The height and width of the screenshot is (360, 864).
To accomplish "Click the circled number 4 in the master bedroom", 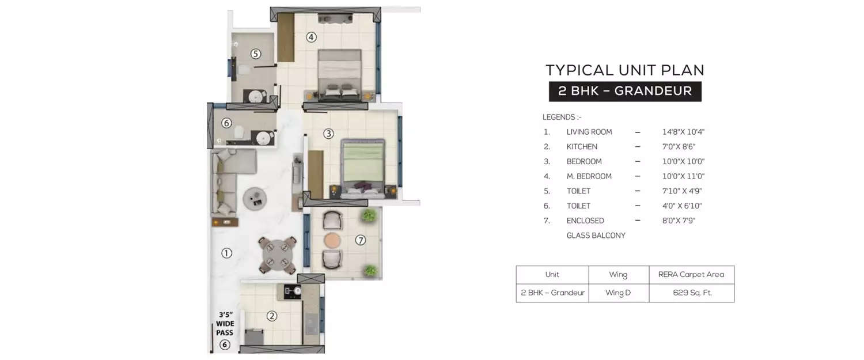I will tap(311, 37).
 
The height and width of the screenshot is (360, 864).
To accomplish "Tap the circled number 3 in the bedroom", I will tap(328, 134).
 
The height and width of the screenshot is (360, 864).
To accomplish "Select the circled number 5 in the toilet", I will tap(256, 54).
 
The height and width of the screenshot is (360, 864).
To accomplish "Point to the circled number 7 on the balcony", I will tap(361, 240).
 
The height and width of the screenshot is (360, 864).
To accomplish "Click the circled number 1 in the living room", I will tap(226, 253).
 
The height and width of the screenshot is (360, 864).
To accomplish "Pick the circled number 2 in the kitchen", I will tap(272, 316).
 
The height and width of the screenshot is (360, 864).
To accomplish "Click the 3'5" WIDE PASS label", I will tap(225, 324).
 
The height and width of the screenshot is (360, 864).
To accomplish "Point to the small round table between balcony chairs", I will tap(332, 240).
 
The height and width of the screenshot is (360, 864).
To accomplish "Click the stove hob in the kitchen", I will tap(289, 291).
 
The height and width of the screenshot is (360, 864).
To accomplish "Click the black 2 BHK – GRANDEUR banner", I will tap(625, 91).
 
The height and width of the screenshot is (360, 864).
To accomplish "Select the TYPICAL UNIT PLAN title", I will tap(625, 70).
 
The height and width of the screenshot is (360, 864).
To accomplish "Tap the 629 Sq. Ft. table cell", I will tap(692, 293).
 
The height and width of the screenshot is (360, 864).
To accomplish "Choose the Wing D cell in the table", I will tap(618, 293).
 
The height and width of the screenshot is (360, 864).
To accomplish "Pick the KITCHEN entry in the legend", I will tap(582, 147).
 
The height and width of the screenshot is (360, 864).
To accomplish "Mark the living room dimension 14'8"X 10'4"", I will tap(683, 132).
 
